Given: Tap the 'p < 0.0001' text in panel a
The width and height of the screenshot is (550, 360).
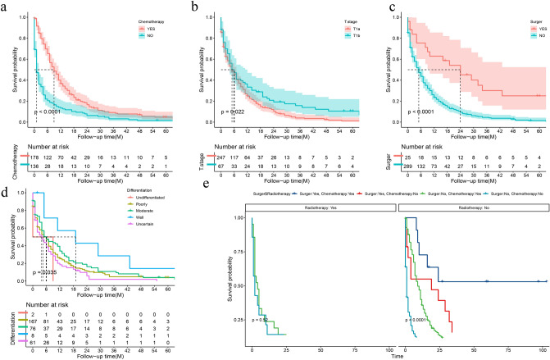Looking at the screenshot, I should point(49,111).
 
